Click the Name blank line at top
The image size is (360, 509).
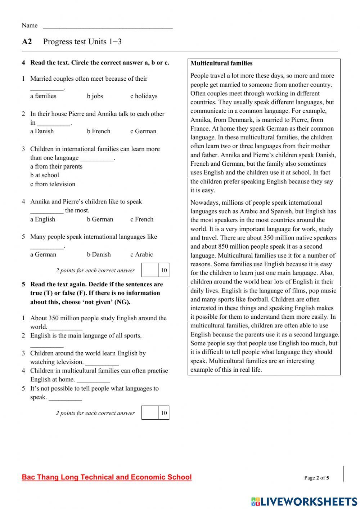click(108, 26)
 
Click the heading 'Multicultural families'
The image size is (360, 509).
click(221, 63)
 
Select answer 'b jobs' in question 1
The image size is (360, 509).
click(95, 96)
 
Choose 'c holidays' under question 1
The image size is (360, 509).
click(144, 96)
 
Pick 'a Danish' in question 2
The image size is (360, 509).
click(42, 131)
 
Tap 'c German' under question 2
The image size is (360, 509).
click(143, 131)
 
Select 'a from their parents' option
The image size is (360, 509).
click(56, 166)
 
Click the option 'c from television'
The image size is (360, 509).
click(53, 184)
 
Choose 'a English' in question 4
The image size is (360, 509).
click(42, 219)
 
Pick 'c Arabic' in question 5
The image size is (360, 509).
click(141, 255)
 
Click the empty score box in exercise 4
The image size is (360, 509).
click(150, 270)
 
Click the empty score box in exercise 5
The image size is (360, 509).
click(150, 413)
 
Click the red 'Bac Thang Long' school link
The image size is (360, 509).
click(107, 477)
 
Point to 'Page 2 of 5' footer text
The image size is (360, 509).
click(316, 478)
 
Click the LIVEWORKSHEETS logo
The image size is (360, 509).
click(304, 501)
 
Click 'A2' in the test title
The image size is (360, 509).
click(27, 42)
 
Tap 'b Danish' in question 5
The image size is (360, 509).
click(99, 255)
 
